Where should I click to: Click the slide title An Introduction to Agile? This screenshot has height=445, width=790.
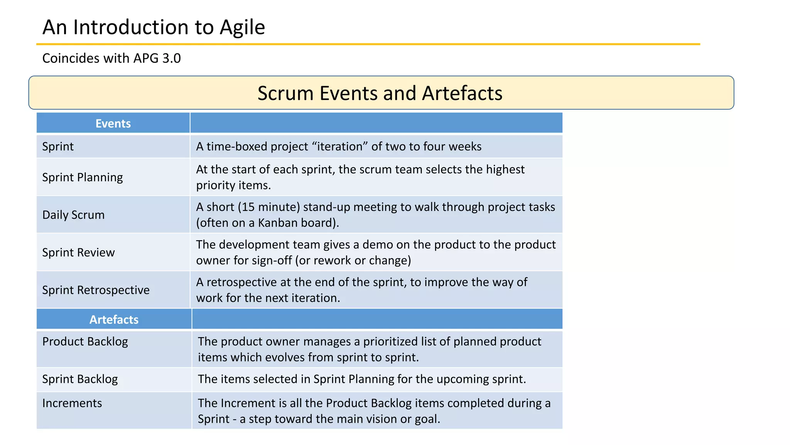pyautogui.click(x=154, y=27)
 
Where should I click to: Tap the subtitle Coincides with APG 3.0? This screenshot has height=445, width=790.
pyautogui.click(x=111, y=58)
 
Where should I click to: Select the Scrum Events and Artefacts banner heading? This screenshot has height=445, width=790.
pyautogui.click(x=380, y=93)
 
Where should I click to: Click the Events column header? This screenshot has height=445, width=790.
pyautogui.click(x=113, y=124)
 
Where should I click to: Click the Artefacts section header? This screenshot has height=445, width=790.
pyautogui.click(x=114, y=319)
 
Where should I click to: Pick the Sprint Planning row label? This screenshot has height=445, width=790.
pyautogui.click(x=83, y=177)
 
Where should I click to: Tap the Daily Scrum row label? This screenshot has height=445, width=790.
pyautogui.click(x=73, y=215)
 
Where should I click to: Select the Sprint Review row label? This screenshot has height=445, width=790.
pyautogui.click(x=78, y=252)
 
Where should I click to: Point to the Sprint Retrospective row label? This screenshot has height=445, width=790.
pyautogui.click(x=96, y=290)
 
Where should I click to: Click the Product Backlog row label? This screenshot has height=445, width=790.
pyautogui.click(x=85, y=341)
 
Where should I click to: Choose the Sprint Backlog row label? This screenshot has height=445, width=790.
pyautogui.click(x=80, y=379)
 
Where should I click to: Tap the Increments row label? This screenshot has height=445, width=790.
pyautogui.click(x=72, y=403)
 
